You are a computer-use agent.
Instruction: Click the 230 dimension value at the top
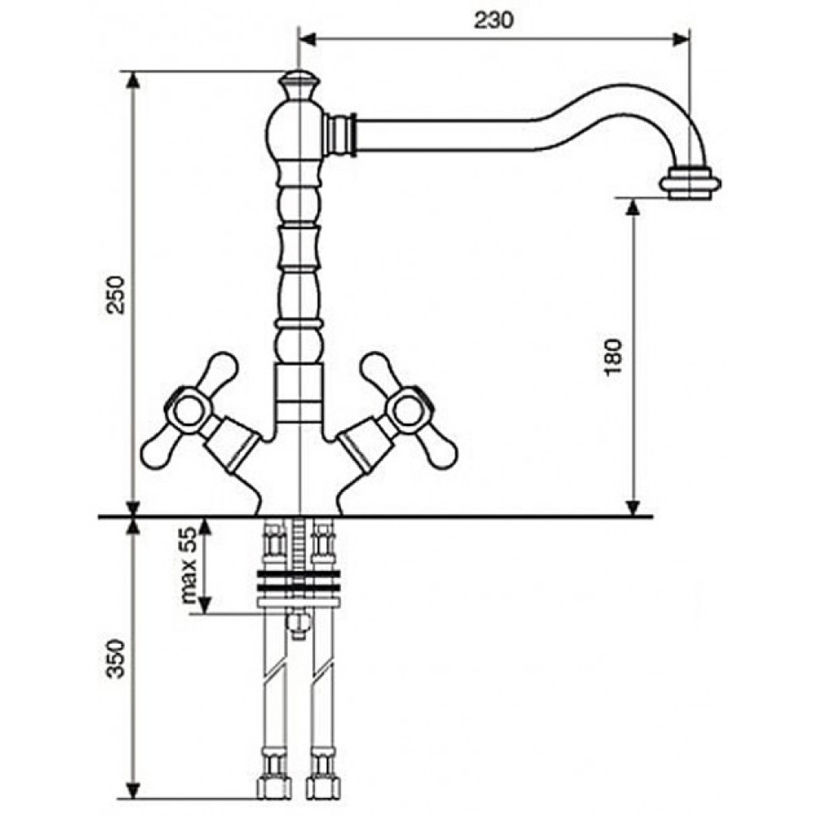point(494,20)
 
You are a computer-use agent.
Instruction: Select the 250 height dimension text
point(116,295)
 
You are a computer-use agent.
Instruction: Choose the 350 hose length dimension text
point(116,659)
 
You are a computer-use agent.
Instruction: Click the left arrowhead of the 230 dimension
point(308,39)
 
